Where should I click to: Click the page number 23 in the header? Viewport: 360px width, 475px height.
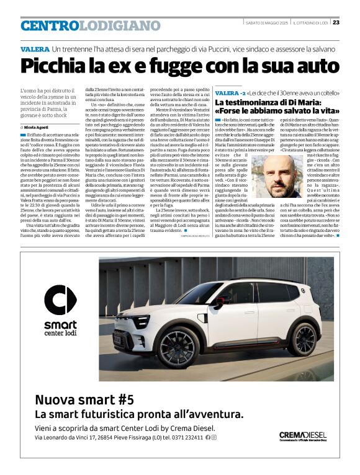tap(336, 22)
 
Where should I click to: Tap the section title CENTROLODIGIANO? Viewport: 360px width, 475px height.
tap(90, 26)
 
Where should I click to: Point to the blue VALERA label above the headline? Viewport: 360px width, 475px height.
tap(34, 48)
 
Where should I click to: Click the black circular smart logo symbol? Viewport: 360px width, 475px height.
tap(61, 303)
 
